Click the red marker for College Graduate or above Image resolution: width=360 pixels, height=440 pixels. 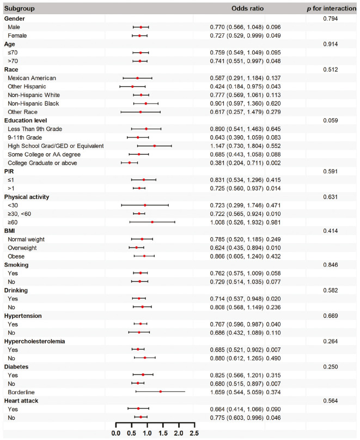pyautogui.click(x=129, y=162)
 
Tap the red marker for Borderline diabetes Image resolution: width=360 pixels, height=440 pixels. pyautogui.click(x=161, y=391)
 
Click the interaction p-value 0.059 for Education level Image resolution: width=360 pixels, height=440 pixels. pyautogui.click(x=332, y=120)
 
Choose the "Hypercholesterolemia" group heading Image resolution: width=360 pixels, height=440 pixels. pyautogui.click(x=34, y=340)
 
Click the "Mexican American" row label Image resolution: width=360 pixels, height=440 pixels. pyautogui.click(x=32, y=78)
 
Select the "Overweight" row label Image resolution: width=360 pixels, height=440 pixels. pyautogui.click(x=22, y=247)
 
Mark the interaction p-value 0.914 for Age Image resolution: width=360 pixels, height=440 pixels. pyautogui.click(x=332, y=44)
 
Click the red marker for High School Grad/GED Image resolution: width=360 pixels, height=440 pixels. pyautogui.click(x=154, y=146)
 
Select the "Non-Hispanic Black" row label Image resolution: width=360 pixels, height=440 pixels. pyautogui.click(x=34, y=103)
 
